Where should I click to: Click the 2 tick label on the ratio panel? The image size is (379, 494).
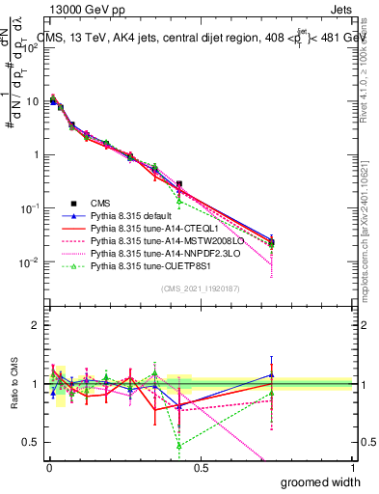[x=36, y=325]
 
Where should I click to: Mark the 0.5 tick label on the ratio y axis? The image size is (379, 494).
[x=31, y=442]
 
